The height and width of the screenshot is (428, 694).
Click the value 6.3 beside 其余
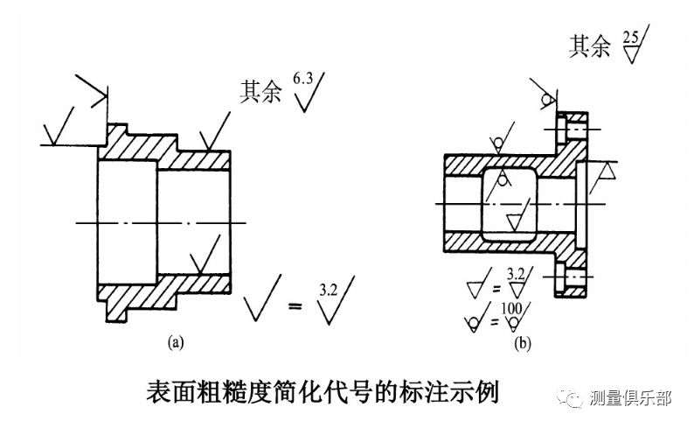tap(302, 80)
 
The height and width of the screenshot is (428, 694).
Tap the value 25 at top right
tap(631, 38)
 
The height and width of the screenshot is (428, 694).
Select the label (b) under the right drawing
tap(523, 345)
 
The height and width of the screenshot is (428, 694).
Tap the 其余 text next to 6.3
tap(260, 91)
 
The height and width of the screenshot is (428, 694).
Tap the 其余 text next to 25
tap(590, 48)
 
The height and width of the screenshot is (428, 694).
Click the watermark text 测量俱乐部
tap(630, 399)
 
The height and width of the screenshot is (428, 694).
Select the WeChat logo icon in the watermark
tap(575, 400)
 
